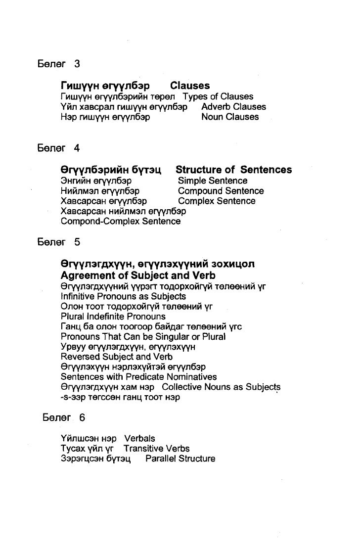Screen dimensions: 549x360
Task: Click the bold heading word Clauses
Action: (x=190, y=86)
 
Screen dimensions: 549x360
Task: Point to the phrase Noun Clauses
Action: (x=230, y=117)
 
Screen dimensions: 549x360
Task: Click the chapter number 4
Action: (x=77, y=148)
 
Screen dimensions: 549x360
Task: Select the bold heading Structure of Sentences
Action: (x=233, y=170)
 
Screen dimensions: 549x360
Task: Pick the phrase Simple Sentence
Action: (x=213, y=181)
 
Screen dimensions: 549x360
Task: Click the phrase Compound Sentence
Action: (x=221, y=191)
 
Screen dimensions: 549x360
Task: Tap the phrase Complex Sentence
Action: (x=217, y=201)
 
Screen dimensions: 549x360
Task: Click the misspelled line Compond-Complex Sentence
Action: (x=120, y=222)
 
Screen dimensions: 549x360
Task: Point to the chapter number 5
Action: (x=77, y=242)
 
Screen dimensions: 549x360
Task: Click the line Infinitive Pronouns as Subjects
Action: (x=123, y=296)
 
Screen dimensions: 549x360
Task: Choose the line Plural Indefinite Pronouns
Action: (x=113, y=317)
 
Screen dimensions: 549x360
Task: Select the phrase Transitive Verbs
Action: (x=156, y=449)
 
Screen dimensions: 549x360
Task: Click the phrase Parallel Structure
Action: (x=180, y=459)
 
